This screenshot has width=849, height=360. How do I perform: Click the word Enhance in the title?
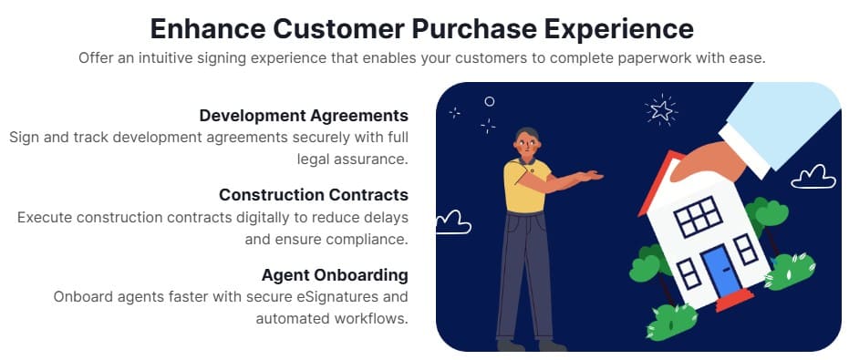[x=208, y=28]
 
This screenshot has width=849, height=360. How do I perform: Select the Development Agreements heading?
[x=304, y=116]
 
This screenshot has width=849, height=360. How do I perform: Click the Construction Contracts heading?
[x=314, y=194]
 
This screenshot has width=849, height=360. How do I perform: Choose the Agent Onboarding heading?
[x=335, y=274]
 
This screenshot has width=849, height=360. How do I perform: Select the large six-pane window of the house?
[x=698, y=216]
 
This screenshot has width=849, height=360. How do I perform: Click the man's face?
[x=527, y=144]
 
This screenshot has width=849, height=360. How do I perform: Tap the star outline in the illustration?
[x=661, y=111]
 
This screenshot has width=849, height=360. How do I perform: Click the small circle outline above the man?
[x=490, y=101]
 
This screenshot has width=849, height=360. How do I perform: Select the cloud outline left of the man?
[x=453, y=222]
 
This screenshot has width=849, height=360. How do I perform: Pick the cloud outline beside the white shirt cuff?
[x=813, y=177]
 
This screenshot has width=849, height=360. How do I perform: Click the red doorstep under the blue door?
[x=735, y=300]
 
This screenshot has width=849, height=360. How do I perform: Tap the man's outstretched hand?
[x=588, y=175]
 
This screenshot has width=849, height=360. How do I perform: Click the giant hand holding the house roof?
[x=701, y=161]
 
